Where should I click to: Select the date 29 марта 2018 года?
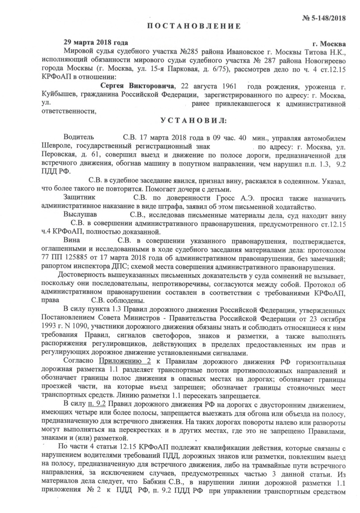click(x=93, y=43)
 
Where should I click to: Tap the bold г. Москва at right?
click(x=329, y=44)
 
